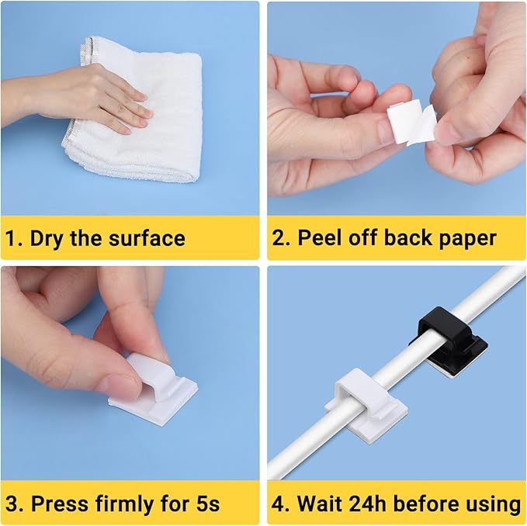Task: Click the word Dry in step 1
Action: (x=47, y=237)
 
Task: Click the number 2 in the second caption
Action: (x=279, y=237)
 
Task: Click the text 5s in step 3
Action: (x=205, y=504)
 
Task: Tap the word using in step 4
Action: (x=492, y=504)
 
